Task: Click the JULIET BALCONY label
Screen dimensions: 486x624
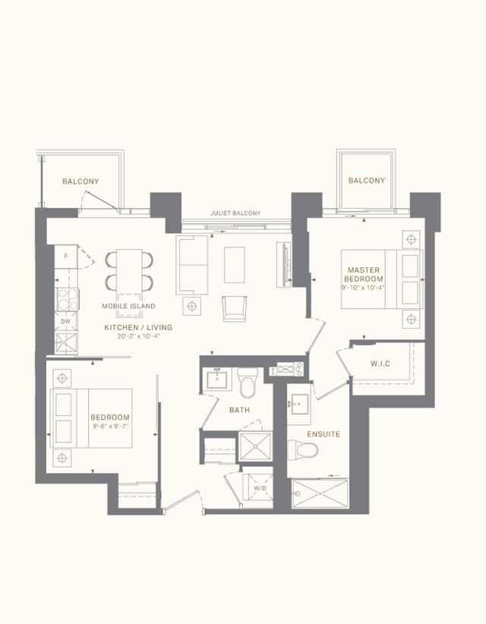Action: [235, 213]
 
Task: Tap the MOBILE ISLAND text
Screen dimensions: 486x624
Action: [128, 306]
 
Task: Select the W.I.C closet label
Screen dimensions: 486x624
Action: [380, 364]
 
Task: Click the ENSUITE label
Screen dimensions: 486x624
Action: [323, 434]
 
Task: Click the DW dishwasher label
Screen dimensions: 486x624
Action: [65, 321]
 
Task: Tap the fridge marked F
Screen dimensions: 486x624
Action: [66, 257]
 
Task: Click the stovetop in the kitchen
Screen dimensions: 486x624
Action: [68, 299]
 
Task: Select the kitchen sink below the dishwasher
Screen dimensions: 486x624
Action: [66, 343]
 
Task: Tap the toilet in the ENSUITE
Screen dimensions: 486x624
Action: [303, 449]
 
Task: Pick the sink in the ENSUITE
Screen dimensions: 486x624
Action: [299, 405]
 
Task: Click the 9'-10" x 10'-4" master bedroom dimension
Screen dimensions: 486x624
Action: [363, 288]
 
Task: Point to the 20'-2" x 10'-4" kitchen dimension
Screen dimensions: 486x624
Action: [138, 336]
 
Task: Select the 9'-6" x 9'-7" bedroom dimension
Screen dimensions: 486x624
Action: [111, 426]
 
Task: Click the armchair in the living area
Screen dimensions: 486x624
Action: [235, 309]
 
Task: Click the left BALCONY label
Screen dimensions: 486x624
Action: [80, 181]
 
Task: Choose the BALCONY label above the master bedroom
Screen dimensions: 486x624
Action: [367, 181]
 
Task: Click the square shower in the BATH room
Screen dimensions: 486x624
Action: [256, 447]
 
